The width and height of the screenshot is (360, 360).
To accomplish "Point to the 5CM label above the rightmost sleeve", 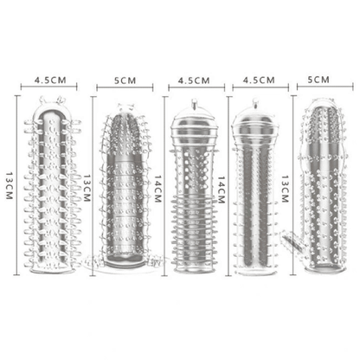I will click(319, 80).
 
